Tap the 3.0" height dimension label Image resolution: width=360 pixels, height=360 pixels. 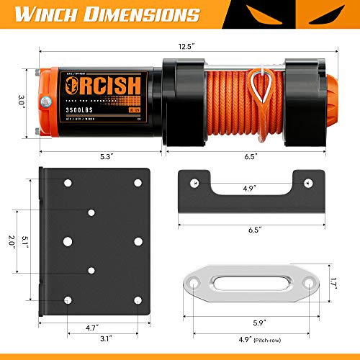pyautogui.click(x=22, y=102)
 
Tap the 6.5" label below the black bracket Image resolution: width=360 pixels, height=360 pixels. pyautogui.click(x=247, y=233)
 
